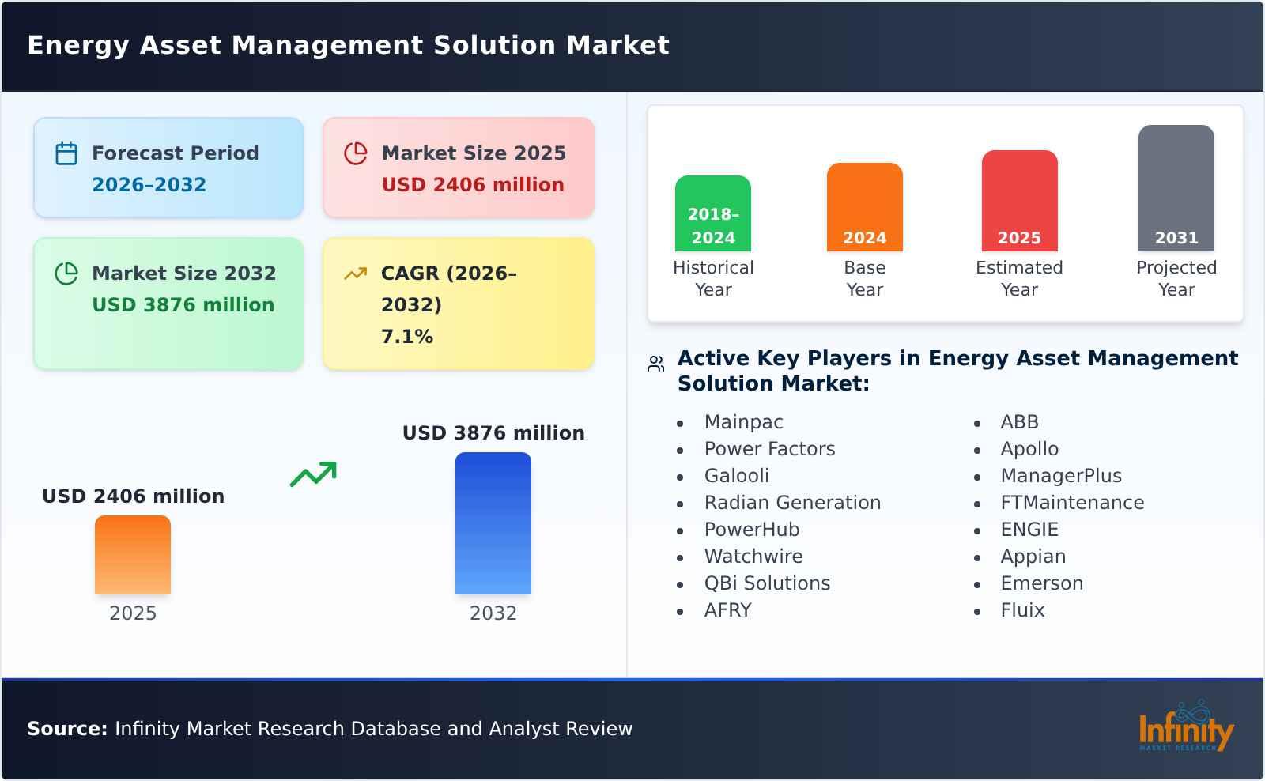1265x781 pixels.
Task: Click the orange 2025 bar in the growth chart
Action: [x=133, y=555]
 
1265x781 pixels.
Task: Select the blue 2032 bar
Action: [x=493, y=523]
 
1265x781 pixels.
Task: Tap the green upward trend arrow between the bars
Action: [x=313, y=474]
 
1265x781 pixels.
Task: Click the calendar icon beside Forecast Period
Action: [x=66, y=153]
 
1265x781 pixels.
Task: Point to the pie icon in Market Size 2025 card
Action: [x=356, y=153]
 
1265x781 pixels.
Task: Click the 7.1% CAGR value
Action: [x=407, y=337]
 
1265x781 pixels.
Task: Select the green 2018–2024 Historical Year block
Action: [x=712, y=213]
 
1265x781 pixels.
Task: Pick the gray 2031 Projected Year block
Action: [x=1176, y=188]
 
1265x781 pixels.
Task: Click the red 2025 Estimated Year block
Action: [x=1019, y=201]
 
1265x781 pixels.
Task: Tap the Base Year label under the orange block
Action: [x=864, y=278]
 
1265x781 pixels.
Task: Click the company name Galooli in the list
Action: [x=736, y=476]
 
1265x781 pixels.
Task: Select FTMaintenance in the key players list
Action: [x=1071, y=503]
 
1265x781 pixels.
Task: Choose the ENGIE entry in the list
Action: [x=1029, y=530]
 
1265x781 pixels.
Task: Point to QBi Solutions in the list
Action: [x=767, y=583]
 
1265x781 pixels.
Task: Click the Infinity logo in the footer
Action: [x=1185, y=728]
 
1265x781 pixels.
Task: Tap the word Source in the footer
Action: [x=66, y=729]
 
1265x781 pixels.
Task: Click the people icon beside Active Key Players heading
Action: [x=655, y=364]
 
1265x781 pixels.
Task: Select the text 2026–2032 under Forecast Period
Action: [x=149, y=185]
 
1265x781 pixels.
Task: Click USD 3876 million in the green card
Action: [x=183, y=305]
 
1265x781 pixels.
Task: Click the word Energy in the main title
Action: [x=77, y=45]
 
